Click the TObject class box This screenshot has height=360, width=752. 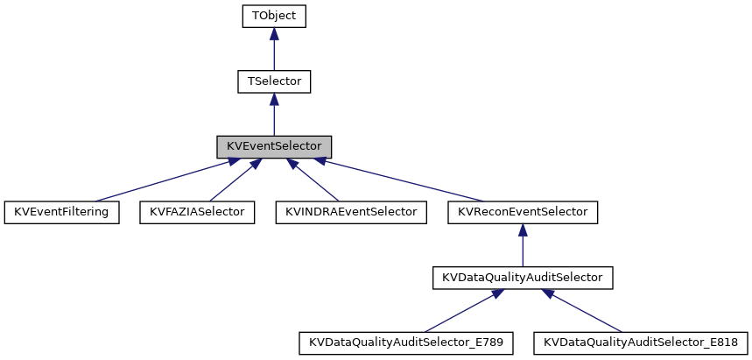click(274, 17)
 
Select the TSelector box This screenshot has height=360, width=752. click(274, 81)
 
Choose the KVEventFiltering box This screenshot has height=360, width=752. click(62, 212)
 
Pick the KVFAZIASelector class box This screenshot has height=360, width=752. click(197, 212)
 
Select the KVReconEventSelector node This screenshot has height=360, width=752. click(523, 212)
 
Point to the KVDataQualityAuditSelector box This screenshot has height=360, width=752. click(523, 278)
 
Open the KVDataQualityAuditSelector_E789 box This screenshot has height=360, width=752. click(405, 342)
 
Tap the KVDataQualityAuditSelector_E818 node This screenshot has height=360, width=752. click(640, 342)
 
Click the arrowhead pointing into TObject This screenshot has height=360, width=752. click(274, 34)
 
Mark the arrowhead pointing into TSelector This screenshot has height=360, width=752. click(274, 99)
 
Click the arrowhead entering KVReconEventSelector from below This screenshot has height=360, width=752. click(523, 229)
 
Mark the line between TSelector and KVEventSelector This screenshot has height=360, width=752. click(274, 118)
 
